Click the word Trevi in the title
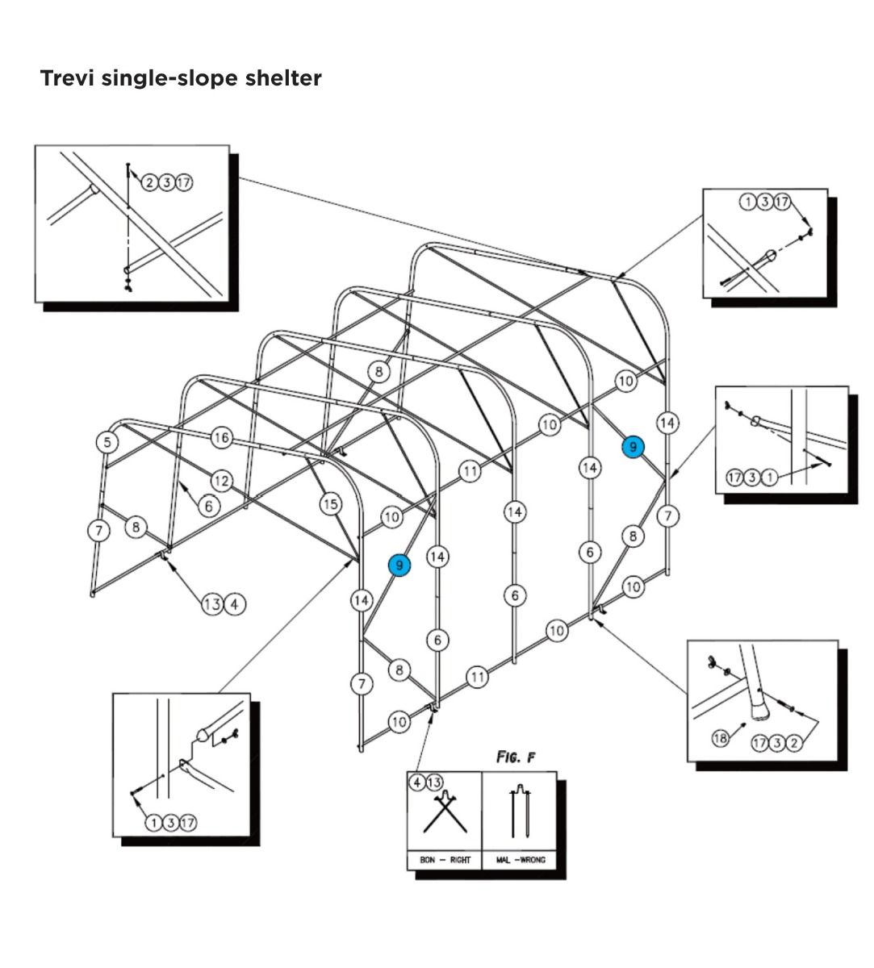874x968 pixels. point(68,79)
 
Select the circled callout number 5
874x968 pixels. point(107,441)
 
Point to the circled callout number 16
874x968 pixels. point(221,438)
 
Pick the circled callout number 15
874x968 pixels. point(331,504)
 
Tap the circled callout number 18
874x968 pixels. point(721,737)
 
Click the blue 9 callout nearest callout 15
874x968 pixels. point(399,565)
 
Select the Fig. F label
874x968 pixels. point(516,757)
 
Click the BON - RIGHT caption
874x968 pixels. point(445,860)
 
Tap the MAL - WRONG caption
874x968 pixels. point(521,860)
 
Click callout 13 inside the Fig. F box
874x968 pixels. point(434,782)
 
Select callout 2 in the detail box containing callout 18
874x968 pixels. point(794,743)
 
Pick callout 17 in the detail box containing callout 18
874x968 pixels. point(760,743)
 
